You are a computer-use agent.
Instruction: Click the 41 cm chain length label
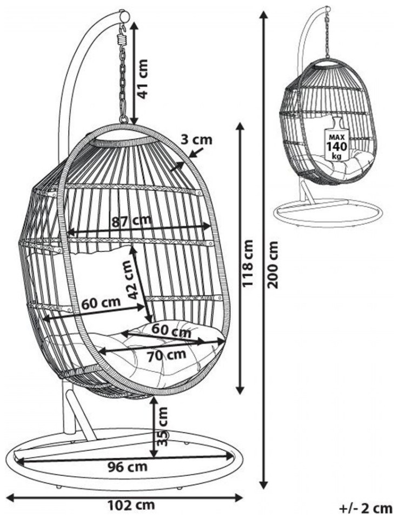point(142,78)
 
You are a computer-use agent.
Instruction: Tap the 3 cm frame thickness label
point(196,140)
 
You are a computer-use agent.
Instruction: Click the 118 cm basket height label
point(248,264)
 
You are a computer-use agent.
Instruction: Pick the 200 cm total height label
point(274,264)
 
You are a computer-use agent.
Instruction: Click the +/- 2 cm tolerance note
point(366,508)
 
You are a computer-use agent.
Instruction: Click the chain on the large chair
point(123,81)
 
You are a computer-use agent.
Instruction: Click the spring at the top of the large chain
point(123,39)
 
